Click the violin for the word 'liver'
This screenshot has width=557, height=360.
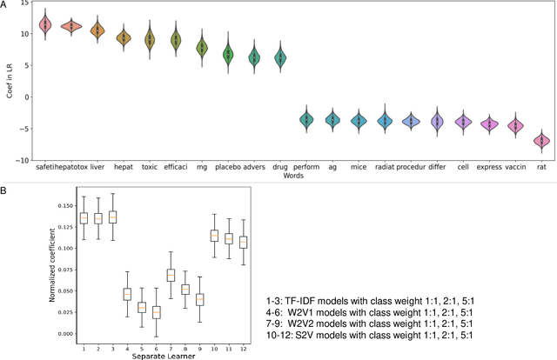pos(97,30)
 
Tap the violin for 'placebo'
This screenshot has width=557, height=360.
pos(228,54)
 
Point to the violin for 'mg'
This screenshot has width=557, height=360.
pos(202,49)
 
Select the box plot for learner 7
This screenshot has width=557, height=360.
pos(171,276)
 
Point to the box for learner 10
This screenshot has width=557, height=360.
pos(215,236)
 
